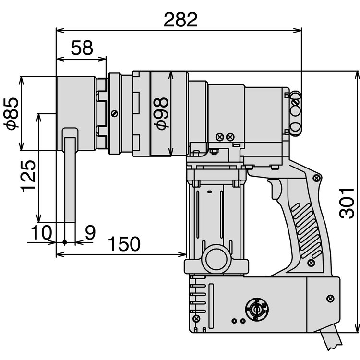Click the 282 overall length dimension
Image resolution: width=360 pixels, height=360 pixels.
coord(180,20)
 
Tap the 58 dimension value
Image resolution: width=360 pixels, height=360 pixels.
coord(82,48)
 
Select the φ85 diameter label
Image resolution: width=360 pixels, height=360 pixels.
coord(11,113)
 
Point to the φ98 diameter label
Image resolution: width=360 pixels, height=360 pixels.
coord(161,113)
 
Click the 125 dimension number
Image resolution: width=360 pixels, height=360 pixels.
coord(28,176)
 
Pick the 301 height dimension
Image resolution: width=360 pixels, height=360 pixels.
coord(347,204)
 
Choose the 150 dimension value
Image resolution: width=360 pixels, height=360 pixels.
coord(124,243)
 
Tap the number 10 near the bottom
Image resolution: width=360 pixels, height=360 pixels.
coord(41,232)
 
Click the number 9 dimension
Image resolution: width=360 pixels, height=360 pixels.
coord(90,232)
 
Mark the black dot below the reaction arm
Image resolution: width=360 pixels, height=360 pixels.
coord(65,242)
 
